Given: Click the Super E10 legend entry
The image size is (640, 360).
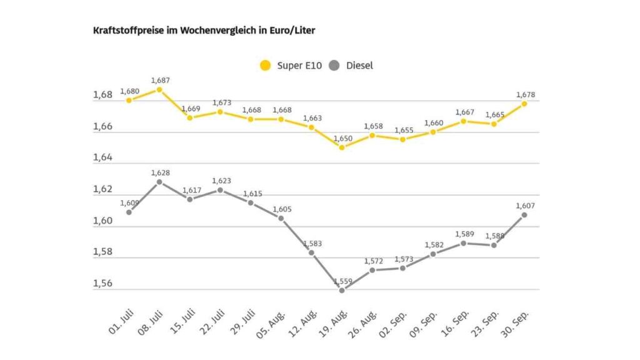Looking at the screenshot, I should click(x=291, y=65).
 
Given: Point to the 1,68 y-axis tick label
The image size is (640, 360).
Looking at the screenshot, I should click(x=102, y=95).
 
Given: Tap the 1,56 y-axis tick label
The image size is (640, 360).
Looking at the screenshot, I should click(x=102, y=284).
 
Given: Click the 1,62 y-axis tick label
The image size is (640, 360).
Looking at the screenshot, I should click(x=102, y=189).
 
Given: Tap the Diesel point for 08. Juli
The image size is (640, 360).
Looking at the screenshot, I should click(x=159, y=182).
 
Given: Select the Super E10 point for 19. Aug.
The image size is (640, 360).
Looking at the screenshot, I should click(x=342, y=147).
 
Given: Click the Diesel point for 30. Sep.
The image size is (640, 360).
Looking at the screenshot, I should click(x=524, y=214).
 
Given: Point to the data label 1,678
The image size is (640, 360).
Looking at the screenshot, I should click(x=526, y=95).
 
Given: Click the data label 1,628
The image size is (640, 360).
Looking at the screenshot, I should click(x=160, y=172).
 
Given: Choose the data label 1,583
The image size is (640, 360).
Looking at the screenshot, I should click(x=312, y=243).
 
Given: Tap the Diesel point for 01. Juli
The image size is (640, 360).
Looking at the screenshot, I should click(x=129, y=212).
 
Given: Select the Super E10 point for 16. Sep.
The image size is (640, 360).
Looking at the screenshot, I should click(x=463, y=121).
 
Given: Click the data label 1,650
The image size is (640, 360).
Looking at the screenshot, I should click(x=342, y=138).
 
